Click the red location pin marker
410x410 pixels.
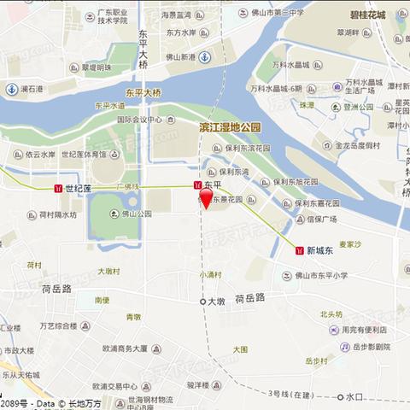(205, 200)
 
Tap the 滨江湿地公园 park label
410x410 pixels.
(230, 126)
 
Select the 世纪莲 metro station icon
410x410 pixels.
(57, 188)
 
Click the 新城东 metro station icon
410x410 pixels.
(300, 250)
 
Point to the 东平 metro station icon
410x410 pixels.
(198, 184)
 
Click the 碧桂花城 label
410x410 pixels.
(367, 15)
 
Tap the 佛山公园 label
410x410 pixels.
(137, 214)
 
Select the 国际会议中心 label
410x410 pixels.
(140, 120)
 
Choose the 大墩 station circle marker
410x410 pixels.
(202, 302)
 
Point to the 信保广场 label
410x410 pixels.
(325, 218)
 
